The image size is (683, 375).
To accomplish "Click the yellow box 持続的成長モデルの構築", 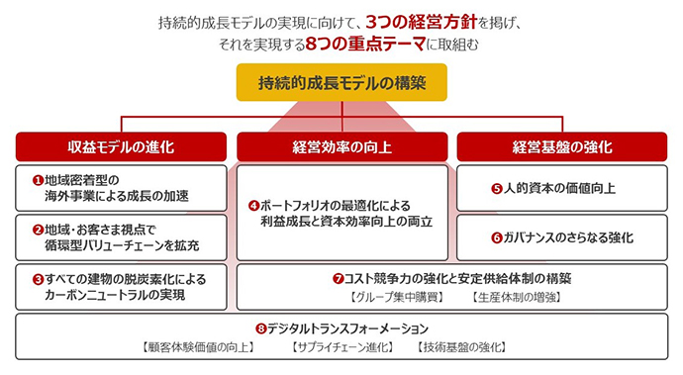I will click(x=341, y=83).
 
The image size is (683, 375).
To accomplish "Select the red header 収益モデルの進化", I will click(x=122, y=146).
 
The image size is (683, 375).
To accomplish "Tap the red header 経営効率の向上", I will click(x=341, y=146).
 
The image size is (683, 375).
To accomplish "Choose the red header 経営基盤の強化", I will click(x=562, y=146).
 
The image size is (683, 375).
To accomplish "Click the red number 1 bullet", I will click(x=38, y=181).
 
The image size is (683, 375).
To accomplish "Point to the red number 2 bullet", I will click(x=38, y=230).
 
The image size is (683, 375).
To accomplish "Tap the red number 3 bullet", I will click(x=38, y=279).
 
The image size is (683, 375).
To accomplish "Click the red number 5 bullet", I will click(x=498, y=188).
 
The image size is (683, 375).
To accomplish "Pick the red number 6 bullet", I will click(x=498, y=237).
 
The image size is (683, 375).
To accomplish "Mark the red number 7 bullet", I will click(x=338, y=279).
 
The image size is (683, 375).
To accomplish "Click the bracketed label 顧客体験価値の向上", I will click(x=192, y=346).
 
